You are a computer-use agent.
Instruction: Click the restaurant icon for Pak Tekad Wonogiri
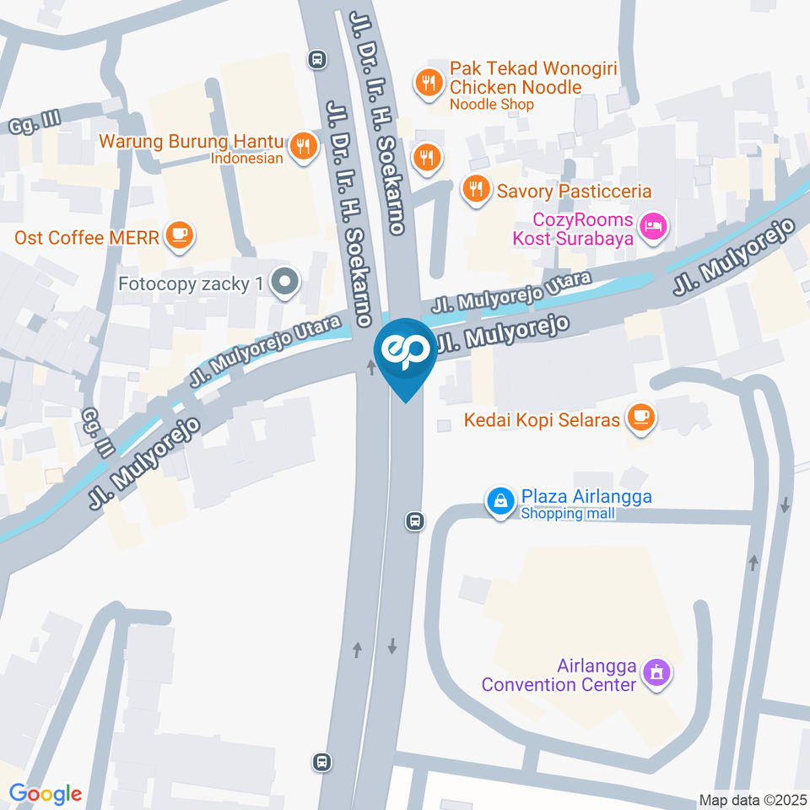(x=429, y=82)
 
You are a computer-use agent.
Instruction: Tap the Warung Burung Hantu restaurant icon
(x=301, y=148)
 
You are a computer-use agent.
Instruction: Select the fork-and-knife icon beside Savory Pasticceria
(x=476, y=190)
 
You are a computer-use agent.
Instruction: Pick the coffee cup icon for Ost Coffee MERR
(x=178, y=235)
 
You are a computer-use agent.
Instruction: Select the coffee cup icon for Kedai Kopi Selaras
(x=641, y=417)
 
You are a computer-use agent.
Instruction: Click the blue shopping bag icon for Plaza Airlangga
(x=500, y=502)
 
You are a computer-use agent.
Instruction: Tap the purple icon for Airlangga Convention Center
(x=655, y=673)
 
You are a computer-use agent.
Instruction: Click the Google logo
(x=46, y=794)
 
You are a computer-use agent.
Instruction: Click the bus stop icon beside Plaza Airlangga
(x=415, y=521)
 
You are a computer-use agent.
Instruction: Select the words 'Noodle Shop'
(x=492, y=105)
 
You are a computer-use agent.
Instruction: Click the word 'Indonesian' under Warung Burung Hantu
(x=246, y=158)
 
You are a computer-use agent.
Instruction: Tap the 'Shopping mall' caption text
(x=564, y=514)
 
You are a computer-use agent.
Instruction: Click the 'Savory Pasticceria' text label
(x=574, y=192)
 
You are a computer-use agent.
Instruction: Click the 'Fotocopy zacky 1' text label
(x=190, y=283)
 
